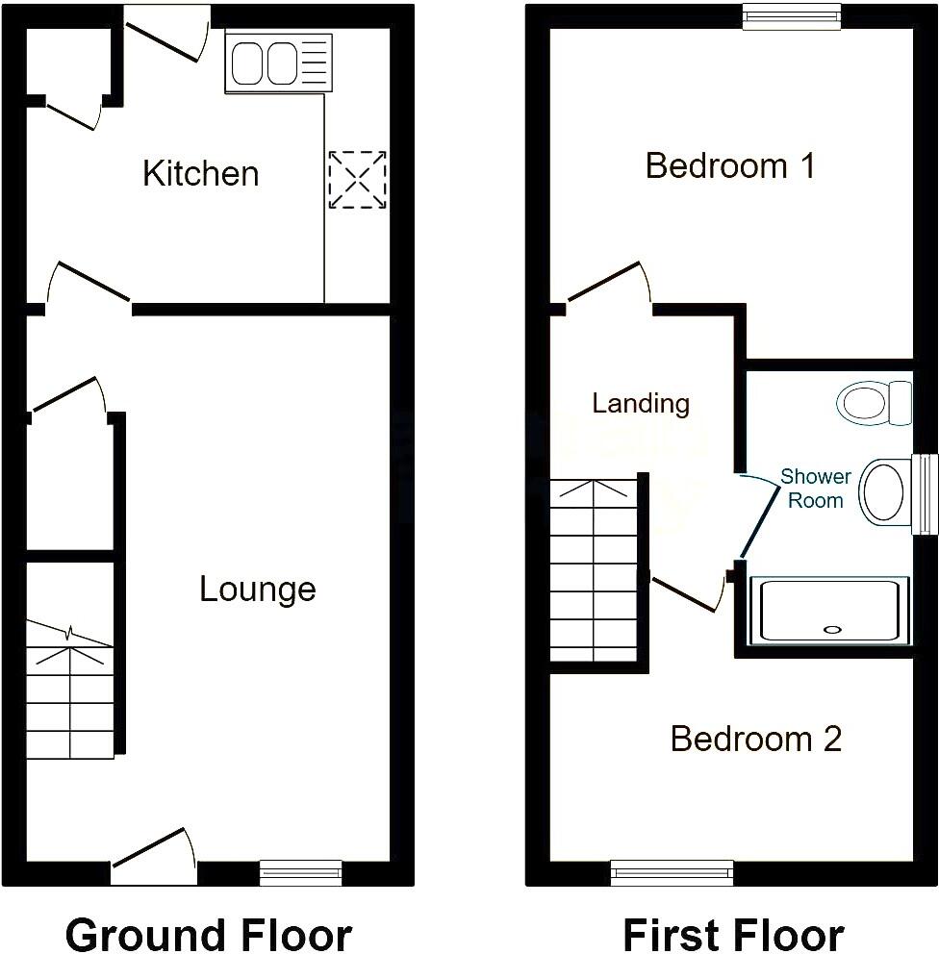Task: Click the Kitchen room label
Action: [x=200, y=174]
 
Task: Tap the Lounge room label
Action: [x=257, y=589]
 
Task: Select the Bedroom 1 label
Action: [x=729, y=165]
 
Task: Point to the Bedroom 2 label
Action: [x=755, y=739]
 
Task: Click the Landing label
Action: [x=641, y=403]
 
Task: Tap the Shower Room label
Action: [x=815, y=489]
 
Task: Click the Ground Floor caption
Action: [x=208, y=933]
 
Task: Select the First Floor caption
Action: [x=733, y=933]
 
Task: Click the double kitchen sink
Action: [x=279, y=63]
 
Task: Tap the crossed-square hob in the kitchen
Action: [x=357, y=179]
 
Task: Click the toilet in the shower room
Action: [x=874, y=402]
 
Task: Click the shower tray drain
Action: [x=832, y=631]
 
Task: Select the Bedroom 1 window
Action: [x=792, y=15]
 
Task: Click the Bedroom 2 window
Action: [x=673, y=872]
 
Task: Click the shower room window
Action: [x=925, y=493]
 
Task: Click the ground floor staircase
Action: [x=68, y=692]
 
